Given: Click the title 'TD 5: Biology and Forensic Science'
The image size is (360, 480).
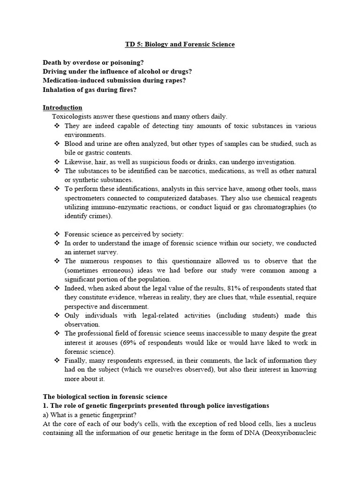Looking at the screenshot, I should (180, 45).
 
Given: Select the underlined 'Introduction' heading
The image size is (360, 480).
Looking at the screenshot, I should (62, 108).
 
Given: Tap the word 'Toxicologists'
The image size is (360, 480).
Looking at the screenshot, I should (70, 117).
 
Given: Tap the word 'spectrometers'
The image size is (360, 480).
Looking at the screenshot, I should (84, 198).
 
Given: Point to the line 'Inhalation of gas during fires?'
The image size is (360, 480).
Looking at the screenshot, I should (90, 90).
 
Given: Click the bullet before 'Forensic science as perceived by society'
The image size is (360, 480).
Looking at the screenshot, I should (57, 234).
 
